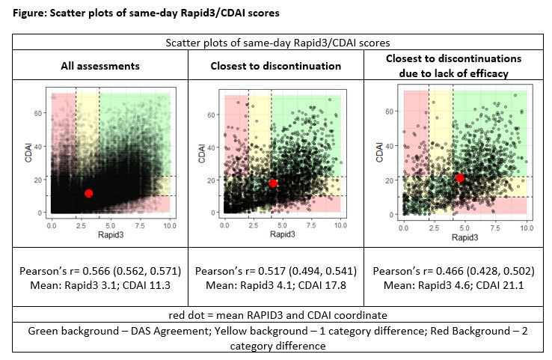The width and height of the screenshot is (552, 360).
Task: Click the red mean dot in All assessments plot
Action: pyautogui.click(x=89, y=193)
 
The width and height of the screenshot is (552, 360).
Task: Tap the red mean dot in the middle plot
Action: pyautogui.click(x=273, y=183)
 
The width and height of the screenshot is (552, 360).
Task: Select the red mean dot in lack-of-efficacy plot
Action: pyautogui.click(x=459, y=177)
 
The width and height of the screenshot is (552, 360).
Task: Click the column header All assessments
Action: pyautogui.click(x=100, y=66)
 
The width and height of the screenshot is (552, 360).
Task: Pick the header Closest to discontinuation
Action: pyautogui.click(x=275, y=66)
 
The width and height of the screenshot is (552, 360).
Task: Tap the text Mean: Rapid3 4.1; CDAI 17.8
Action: pyautogui.click(x=275, y=284)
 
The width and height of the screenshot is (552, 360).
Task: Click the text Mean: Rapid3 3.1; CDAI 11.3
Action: pyautogui.click(x=100, y=284)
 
